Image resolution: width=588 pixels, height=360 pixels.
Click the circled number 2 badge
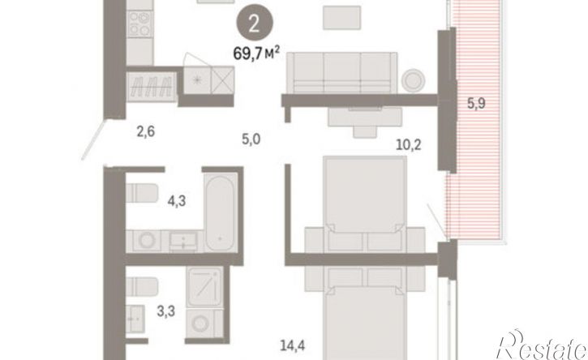pos(254,24)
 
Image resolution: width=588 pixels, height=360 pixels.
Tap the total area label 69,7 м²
pos(256,54)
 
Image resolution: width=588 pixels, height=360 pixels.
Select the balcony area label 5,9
pos(476,103)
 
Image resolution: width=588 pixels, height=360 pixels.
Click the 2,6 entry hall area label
pos(145,131)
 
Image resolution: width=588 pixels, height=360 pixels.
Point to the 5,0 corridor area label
pos(251,139)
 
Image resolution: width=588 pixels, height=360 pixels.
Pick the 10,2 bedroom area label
pos(409,144)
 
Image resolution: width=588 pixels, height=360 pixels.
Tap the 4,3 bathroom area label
pos(177,201)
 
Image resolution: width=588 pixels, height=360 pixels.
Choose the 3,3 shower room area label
pos(165,311)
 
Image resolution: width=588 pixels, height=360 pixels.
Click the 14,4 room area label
pos(293,345)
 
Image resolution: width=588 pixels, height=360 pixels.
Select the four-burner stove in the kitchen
pos(139,24)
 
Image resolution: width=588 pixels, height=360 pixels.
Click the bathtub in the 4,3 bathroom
pos(221,212)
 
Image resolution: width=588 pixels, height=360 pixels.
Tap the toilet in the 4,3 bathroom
pos(141,193)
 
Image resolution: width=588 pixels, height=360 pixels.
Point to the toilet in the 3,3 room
pos(141,286)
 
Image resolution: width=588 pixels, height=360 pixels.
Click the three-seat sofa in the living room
pos(341,73)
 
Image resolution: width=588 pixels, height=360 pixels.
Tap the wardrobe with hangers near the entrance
pos(152,87)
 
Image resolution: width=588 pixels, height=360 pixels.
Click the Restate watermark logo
pos(542,345)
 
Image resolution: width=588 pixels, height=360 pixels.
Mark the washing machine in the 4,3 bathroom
pos(147,240)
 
